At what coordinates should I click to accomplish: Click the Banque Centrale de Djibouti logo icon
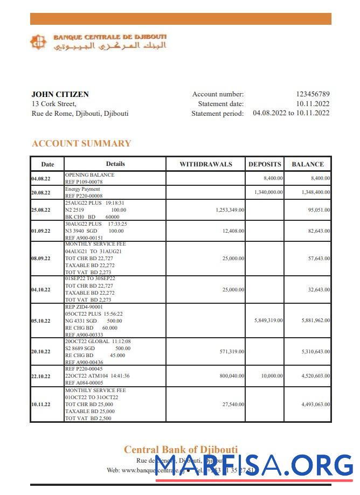[x=38, y=42]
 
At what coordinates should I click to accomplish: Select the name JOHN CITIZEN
[x=60, y=94]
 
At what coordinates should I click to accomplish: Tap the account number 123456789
[x=313, y=94]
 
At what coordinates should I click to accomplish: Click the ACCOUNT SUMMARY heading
[x=81, y=143]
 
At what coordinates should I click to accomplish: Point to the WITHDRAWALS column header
[x=205, y=164]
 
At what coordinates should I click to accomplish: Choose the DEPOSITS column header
[x=265, y=164]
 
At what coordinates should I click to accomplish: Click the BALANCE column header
[x=308, y=164]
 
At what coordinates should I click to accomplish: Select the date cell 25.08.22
[x=41, y=210]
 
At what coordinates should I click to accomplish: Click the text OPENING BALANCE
[x=89, y=175]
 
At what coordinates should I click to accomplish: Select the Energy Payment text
[x=82, y=189]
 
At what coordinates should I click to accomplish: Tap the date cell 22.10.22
[x=41, y=377]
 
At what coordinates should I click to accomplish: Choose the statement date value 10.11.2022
[x=313, y=104]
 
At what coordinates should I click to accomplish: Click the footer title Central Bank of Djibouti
[x=181, y=450]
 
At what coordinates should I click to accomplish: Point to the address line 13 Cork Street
[x=54, y=104]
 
